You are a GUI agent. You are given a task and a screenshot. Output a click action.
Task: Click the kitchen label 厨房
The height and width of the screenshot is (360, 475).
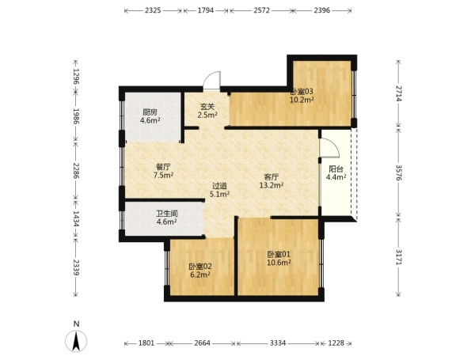(150, 112)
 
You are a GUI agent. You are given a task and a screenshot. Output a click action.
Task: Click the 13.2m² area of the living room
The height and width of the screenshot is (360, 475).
(272, 185)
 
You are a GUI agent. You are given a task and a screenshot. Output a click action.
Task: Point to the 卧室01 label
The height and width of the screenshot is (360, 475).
(279, 254)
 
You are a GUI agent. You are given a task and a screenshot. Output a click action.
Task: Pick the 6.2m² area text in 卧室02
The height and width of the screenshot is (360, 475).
(200, 275)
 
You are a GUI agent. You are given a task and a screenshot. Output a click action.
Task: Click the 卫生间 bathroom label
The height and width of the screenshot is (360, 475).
(167, 214)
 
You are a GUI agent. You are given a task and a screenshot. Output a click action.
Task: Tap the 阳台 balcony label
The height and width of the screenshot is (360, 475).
(336, 169)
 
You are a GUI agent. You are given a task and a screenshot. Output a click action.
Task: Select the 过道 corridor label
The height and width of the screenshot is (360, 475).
(219, 186)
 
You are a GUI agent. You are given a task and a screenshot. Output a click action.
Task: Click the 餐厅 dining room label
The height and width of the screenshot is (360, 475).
(163, 167)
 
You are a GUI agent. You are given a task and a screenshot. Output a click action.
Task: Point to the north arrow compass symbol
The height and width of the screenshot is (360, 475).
(76, 341)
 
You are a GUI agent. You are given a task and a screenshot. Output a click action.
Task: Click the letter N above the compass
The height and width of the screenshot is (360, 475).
(76, 324)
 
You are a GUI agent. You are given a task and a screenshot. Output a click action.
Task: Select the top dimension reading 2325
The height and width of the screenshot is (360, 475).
(153, 10)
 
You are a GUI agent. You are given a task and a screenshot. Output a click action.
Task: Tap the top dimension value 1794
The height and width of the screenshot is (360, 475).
(206, 10)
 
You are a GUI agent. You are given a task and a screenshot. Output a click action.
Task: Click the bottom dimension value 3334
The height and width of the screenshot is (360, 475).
(278, 343)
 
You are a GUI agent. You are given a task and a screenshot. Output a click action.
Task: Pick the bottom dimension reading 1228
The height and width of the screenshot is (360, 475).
(336, 343)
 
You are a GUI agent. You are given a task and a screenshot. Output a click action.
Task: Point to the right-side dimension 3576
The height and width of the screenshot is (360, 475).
(400, 173)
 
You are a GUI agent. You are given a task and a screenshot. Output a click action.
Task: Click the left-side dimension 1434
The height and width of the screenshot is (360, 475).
(75, 219)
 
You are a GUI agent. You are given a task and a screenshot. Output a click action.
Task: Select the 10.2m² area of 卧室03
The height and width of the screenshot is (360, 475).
(302, 100)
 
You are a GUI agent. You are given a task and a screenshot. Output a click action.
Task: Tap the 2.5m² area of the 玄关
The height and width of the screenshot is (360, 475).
(207, 115)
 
